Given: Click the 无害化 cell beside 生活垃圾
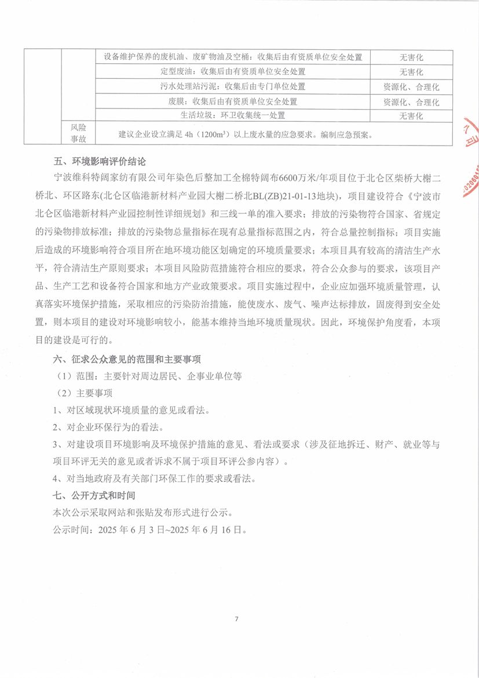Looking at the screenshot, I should pyautogui.click(x=411, y=115).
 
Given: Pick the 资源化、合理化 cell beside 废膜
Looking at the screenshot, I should pyautogui.click(x=411, y=101).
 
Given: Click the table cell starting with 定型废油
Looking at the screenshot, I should pyautogui.click(x=232, y=72).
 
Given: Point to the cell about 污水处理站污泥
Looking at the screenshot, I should pyautogui.click(x=232, y=86).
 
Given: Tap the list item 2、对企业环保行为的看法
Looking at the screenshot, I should pyautogui.click(x=107, y=428).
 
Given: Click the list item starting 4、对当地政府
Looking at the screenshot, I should pyautogui.click(x=153, y=479).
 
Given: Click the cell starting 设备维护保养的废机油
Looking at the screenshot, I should pyautogui.click(x=232, y=57).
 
